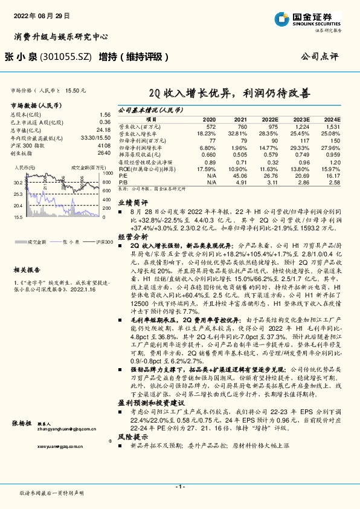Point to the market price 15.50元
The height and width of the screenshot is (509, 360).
click(77, 89)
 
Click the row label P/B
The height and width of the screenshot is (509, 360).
click(122, 181)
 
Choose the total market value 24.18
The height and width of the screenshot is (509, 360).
click(103, 129)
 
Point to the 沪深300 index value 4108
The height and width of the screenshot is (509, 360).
click(104, 145)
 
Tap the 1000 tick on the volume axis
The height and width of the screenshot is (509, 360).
click(107, 172)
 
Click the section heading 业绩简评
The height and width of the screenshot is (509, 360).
click(132, 204)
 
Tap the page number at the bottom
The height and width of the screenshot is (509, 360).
click(179, 486)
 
